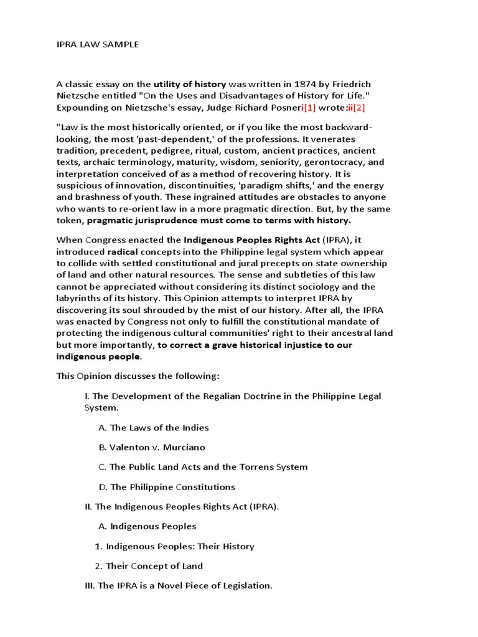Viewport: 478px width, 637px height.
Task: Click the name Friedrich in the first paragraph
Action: coord(349,84)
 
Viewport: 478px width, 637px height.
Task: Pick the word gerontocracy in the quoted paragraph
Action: coord(330,162)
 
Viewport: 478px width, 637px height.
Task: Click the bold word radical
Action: coord(122,252)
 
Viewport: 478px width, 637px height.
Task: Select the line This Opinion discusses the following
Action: coord(138,376)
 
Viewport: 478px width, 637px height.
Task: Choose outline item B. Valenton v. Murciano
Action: coord(152,447)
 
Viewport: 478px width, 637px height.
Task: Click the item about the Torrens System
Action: coord(203,467)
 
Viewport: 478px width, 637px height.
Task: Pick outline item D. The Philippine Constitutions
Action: coord(167,487)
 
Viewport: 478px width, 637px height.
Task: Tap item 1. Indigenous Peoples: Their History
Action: coord(174,546)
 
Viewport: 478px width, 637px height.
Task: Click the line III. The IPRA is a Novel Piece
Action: coord(179,586)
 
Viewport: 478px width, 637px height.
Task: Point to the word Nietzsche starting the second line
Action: coord(80,96)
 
